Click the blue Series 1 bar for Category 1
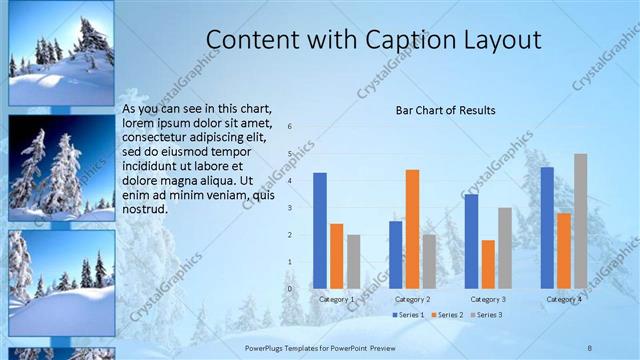click(320, 230)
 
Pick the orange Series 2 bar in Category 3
click(488, 264)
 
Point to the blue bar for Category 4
click(547, 227)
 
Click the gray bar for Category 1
click(354, 261)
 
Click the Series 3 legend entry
click(486, 315)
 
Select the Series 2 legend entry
click(446, 315)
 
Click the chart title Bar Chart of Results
click(445, 110)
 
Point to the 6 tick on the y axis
click(289, 127)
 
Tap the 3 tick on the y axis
click(289, 208)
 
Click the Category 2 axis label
click(412, 299)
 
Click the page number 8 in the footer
click(590, 347)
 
